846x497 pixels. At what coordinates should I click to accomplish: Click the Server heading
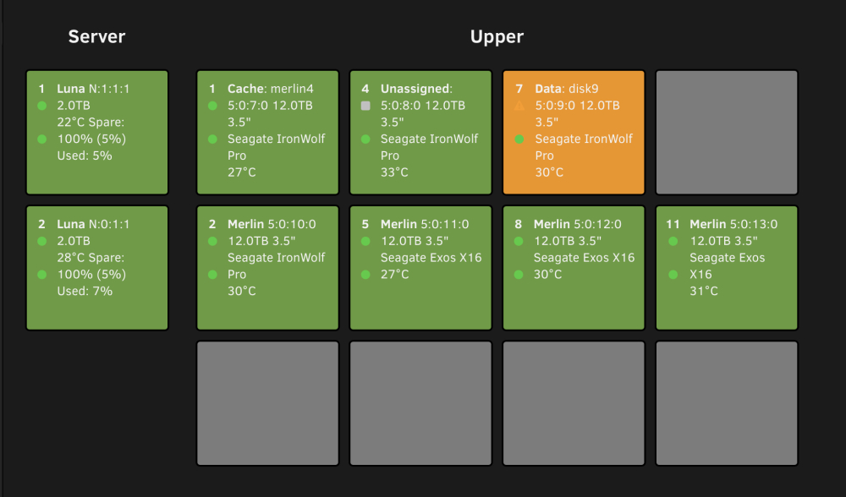tap(96, 36)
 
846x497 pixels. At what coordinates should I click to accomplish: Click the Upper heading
tap(497, 36)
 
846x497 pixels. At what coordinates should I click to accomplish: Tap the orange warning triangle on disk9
tap(519, 106)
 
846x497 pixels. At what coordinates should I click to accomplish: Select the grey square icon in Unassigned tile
tap(365, 106)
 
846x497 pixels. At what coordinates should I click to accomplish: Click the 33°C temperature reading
tap(394, 172)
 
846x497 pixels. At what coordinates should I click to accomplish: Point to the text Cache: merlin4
tap(271, 89)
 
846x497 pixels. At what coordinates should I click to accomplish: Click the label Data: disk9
tap(567, 89)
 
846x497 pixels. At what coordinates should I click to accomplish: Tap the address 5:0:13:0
tap(750, 224)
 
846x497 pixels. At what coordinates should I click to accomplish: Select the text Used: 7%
tap(85, 291)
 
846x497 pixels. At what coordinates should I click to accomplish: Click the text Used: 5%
tap(85, 156)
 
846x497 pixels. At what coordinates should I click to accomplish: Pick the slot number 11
tap(673, 224)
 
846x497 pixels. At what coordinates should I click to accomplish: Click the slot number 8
tap(519, 224)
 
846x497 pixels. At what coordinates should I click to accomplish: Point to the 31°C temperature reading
tap(704, 291)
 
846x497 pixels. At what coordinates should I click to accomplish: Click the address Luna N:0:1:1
tap(93, 224)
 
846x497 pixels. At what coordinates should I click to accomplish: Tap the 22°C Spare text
tap(91, 123)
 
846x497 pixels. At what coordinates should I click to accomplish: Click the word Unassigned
tap(415, 89)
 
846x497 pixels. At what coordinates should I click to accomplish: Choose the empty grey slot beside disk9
tap(726, 132)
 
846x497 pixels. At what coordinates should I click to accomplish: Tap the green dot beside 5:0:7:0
tap(212, 106)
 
